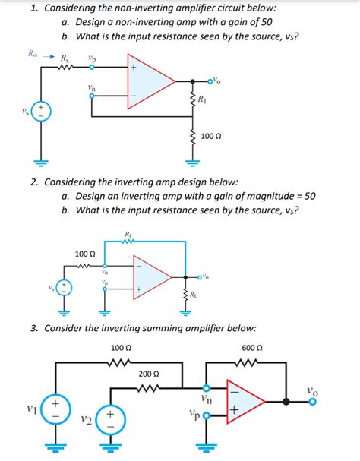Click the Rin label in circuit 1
(x=32, y=54)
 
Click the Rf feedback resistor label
(x=128, y=234)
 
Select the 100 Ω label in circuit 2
(x=85, y=253)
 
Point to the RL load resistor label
(x=196, y=295)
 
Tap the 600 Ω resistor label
(x=252, y=347)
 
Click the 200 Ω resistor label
(x=149, y=374)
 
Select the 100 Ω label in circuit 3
(x=121, y=347)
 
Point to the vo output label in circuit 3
(x=313, y=390)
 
